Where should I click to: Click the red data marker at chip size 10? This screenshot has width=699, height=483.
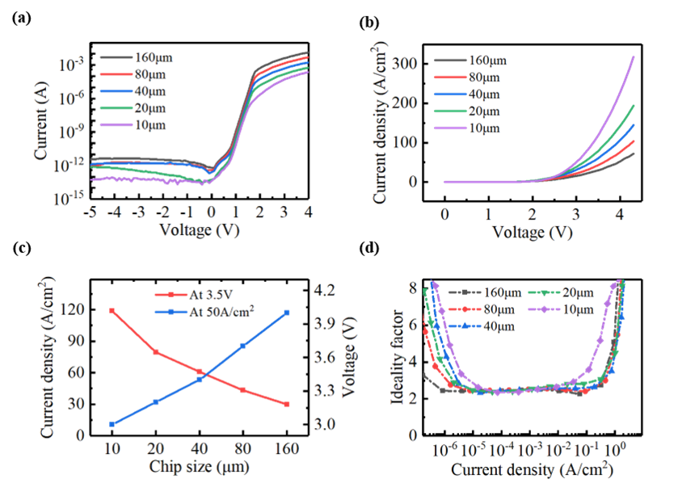pyautogui.click(x=112, y=311)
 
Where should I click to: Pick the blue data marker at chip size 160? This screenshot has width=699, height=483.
pyautogui.click(x=287, y=312)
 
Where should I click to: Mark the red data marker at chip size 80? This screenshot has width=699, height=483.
pyautogui.click(x=242, y=390)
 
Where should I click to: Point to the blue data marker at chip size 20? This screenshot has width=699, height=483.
pyautogui.click(x=155, y=401)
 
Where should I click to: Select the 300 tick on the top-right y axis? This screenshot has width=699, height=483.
pyautogui.click(x=405, y=63)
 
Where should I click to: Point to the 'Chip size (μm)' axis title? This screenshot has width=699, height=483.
pyautogui.click(x=199, y=466)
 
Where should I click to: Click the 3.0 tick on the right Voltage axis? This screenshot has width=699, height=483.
pyautogui.click(x=326, y=424)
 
